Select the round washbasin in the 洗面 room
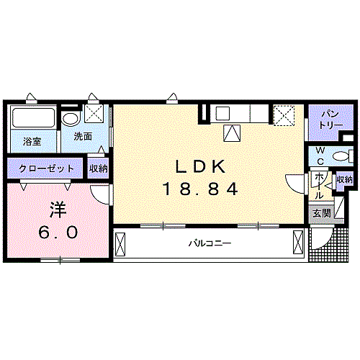pyautogui.click(x=70, y=119)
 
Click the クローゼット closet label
pyautogui.click(x=47, y=168)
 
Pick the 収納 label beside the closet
pyautogui.click(x=99, y=168)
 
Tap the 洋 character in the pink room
pyautogui.click(x=58, y=210)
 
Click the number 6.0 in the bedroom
pyautogui.click(x=58, y=233)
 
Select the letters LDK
pyautogui.click(x=201, y=166)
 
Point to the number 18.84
pyautogui.click(x=201, y=190)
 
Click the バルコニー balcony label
pyautogui.click(x=210, y=244)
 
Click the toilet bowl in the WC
pyautogui.click(x=341, y=155)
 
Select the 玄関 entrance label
pyautogui.click(x=320, y=212)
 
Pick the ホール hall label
pyautogui.click(x=319, y=185)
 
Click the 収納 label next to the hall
pyautogui.click(x=344, y=179)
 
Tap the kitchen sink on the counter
pyautogui.click(x=222, y=112)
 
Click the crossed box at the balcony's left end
pyautogui.click(x=121, y=245)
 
